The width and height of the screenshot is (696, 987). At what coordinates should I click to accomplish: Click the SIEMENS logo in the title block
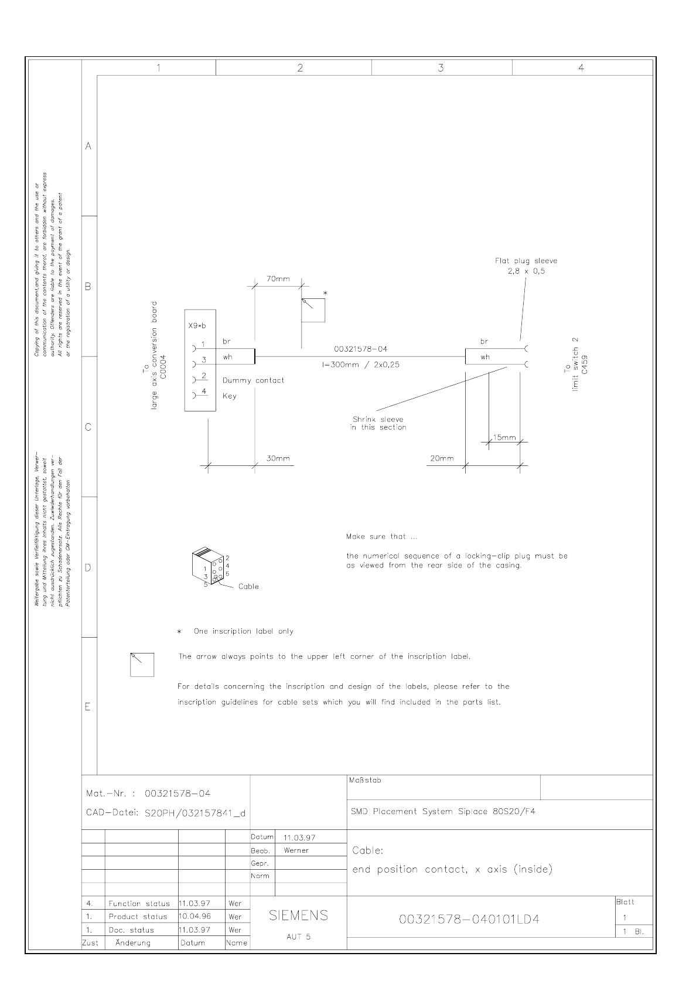[298, 915]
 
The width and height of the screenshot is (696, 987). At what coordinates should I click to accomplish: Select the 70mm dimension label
[278, 279]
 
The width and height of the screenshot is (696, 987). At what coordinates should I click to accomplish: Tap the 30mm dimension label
[278, 459]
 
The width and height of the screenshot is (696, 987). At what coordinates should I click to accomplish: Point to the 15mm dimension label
[504, 437]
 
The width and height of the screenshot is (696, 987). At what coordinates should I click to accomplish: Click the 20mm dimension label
[442, 459]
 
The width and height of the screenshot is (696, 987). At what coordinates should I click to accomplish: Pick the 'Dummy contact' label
[253, 380]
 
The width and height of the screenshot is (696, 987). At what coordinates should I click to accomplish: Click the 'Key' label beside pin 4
[230, 396]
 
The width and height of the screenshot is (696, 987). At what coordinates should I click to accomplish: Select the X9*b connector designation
[197, 326]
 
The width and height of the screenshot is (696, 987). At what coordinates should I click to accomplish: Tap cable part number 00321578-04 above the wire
[360, 349]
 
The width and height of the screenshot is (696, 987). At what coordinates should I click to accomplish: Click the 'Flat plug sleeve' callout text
[526, 261]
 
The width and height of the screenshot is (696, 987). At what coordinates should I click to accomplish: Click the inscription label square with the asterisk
[313, 309]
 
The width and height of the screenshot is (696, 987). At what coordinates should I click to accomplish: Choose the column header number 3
[441, 68]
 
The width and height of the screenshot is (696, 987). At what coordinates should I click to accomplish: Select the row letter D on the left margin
[88, 567]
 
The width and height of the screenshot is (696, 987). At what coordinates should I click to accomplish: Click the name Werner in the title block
[296, 850]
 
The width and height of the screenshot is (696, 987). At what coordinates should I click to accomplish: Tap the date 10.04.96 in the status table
[195, 917]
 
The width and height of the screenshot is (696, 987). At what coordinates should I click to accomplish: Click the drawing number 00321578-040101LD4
[469, 920]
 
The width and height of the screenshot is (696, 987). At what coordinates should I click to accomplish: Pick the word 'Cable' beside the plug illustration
[248, 587]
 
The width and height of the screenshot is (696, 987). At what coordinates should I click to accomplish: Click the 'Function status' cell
[139, 904]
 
